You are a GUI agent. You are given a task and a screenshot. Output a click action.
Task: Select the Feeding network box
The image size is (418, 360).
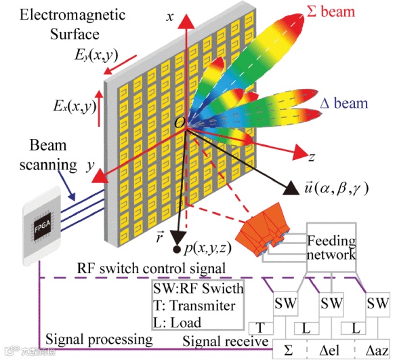(x=331, y=247)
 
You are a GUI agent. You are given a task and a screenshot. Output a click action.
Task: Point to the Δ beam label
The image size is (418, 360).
(x=343, y=104)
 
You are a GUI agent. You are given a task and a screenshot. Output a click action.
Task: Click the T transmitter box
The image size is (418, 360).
(x=262, y=328)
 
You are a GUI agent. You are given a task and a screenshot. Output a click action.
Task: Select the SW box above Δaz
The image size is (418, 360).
(x=377, y=302)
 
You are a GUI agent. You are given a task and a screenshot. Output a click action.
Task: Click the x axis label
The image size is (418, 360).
(x=171, y=19)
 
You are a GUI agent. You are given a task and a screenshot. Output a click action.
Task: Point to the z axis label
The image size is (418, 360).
(x=312, y=157)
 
